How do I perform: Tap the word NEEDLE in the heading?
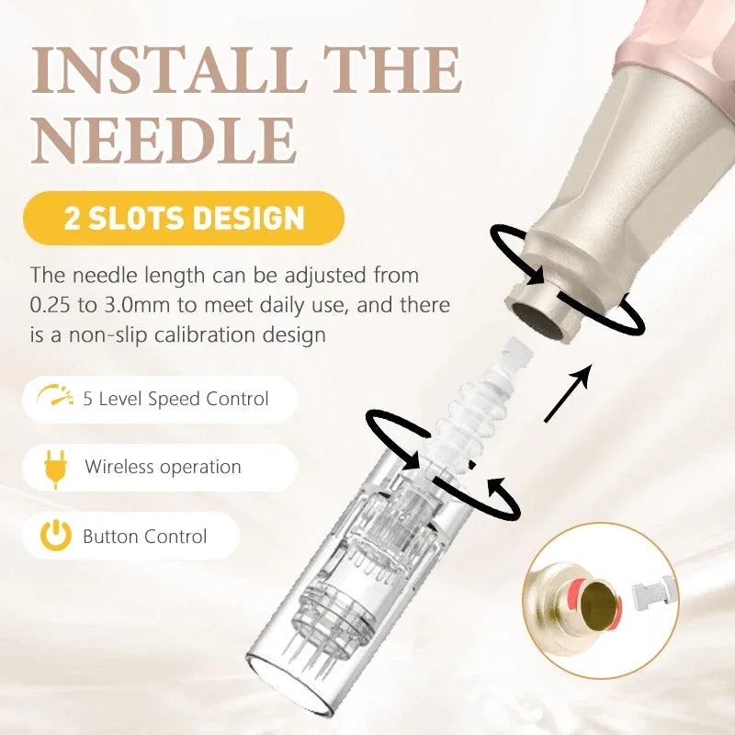[x=164, y=141]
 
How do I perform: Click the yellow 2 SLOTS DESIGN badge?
[x=183, y=218]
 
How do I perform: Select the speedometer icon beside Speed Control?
[x=55, y=395]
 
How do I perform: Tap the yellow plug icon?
[x=55, y=469]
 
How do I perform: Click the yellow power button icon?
[x=56, y=535]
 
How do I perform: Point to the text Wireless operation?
[x=163, y=468]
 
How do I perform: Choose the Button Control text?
[x=144, y=537]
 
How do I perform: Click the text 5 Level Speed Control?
[x=175, y=399]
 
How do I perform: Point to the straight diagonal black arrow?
[x=567, y=394]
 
